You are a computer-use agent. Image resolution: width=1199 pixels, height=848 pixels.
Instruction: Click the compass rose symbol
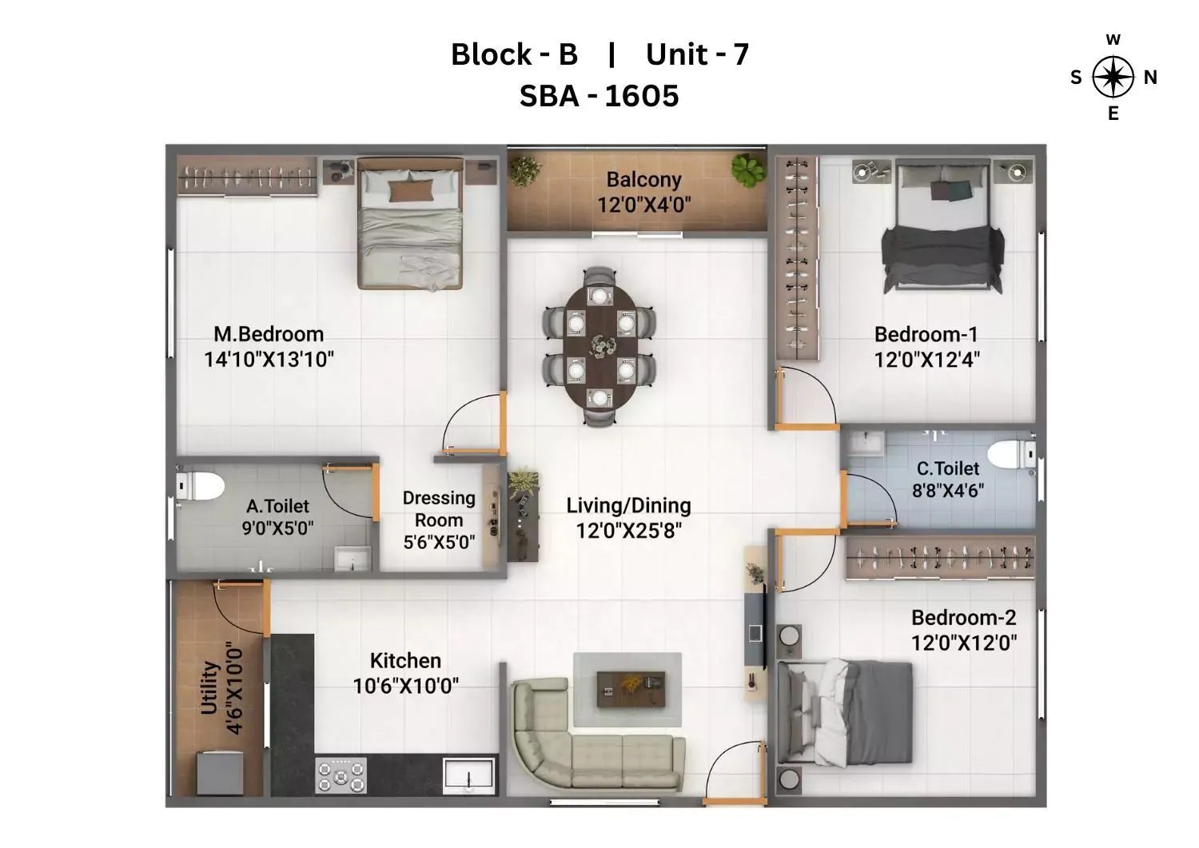point(1113,78)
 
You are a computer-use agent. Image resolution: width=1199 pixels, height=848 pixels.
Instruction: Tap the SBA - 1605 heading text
point(599,96)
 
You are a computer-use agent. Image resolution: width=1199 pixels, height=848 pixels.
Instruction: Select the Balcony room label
point(643,180)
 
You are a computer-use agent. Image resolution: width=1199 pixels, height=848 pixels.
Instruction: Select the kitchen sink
point(469,774)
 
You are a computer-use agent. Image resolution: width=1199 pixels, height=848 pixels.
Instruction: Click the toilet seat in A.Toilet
point(200,486)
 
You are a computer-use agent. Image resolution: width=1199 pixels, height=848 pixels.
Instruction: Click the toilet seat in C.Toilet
point(1010,454)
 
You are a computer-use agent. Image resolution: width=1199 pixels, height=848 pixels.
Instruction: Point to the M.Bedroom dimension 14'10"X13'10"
point(269,360)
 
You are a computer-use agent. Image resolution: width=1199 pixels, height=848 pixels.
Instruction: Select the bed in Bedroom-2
point(847,711)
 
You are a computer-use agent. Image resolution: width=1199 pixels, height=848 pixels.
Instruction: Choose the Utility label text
point(209,687)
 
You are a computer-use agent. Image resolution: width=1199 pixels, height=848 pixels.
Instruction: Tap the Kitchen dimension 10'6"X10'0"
point(405,686)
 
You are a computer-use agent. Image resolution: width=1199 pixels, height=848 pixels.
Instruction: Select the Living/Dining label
point(628,506)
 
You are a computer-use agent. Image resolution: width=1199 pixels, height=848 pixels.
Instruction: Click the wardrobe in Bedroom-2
point(940,556)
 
